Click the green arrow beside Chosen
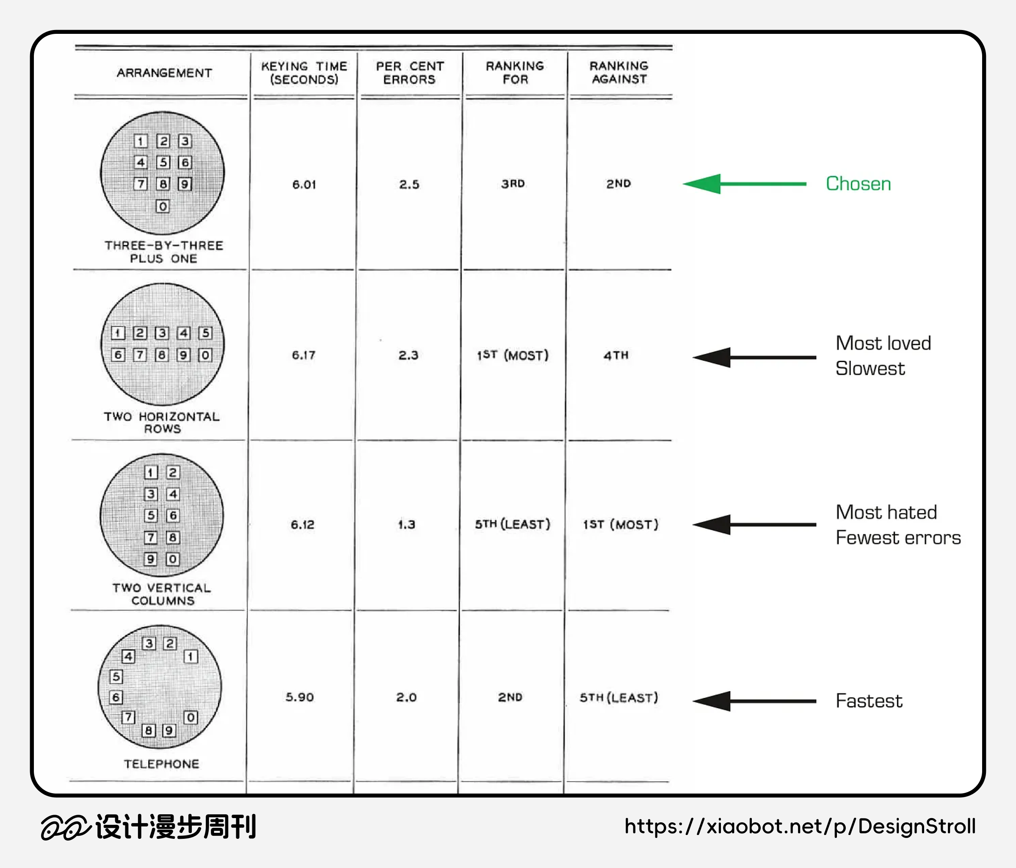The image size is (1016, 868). (x=744, y=184)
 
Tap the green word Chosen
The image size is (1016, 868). (x=858, y=184)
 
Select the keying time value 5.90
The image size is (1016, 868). (x=300, y=697)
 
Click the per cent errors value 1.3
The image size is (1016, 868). (x=406, y=525)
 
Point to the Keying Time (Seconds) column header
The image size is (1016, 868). (x=304, y=72)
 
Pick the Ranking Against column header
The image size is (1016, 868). (x=619, y=72)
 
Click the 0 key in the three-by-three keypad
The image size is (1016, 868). (x=162, y=206)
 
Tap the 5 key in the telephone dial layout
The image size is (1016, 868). (x=116, y=676)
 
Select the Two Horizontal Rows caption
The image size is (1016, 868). (x=162, y=422)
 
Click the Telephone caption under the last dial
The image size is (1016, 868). (x=161, y=764)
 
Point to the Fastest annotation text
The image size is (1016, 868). (x=869, y=701)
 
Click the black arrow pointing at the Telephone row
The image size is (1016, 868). (x=754, y=701)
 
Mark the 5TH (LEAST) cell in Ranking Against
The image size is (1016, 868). (x=619, y=697)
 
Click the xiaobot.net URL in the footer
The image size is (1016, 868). (x=800, y=827)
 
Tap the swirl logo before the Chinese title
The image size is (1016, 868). (x=65, y=827)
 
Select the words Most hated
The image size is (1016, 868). (x=886, y=512)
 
